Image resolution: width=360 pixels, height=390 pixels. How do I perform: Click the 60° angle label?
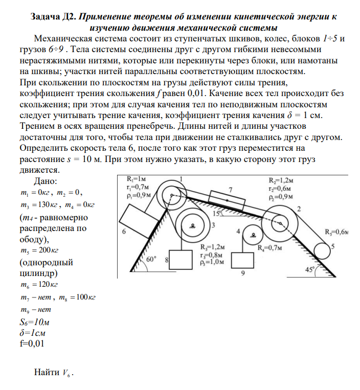point(152,259)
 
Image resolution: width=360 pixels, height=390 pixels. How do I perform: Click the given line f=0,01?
point(31,343)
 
